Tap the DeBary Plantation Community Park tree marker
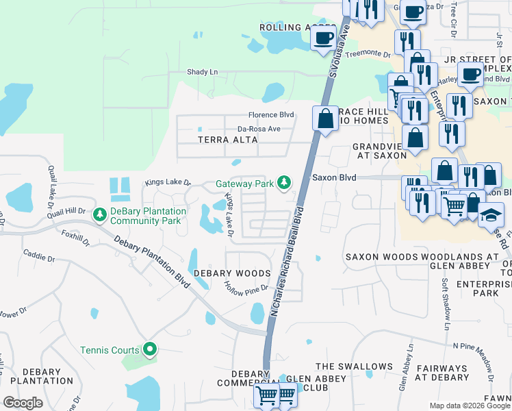coord(100,215)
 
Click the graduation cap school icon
coord(491,214)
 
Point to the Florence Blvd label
coord(271,115)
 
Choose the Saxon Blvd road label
coord(335,177)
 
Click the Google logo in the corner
coord(23,403)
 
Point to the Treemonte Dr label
coord(367,53)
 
